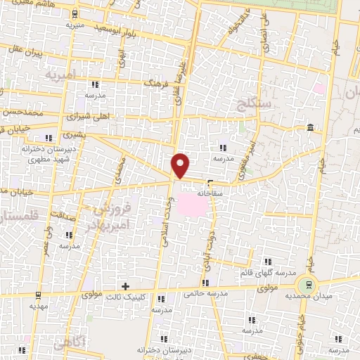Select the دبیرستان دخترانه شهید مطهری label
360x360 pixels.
click(28, 155)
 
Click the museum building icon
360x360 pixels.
click(311, 127)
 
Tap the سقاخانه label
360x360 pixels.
click(210, 191)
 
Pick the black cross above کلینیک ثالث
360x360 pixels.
click(125, 286)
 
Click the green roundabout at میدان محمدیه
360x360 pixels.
click(306, 285)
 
